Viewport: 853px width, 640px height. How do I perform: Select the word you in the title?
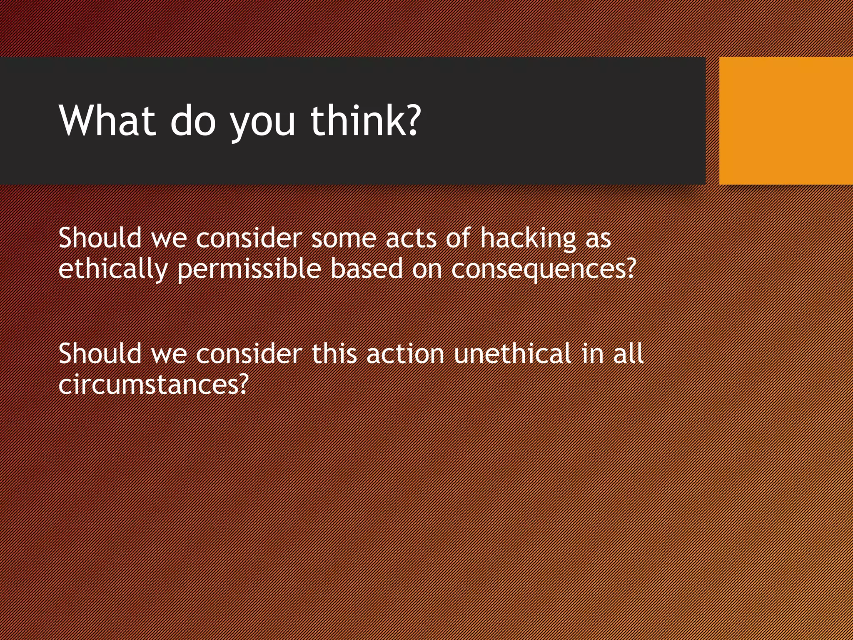click(x=263, y=123)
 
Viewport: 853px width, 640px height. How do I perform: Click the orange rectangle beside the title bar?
click(x=786, y=120)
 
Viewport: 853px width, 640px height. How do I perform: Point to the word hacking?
click(x=528, y=239)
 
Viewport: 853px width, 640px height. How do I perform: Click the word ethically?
click(x=113, y=270)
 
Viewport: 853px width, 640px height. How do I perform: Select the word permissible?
click(x=249, y=270)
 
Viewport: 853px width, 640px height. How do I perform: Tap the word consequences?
click(x=544, y=270)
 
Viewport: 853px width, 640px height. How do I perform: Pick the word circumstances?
click(x=153, y=384)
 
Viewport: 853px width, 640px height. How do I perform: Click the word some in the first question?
click(x=344, y=239)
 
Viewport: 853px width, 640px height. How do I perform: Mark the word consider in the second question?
click(x=249, y=354)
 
